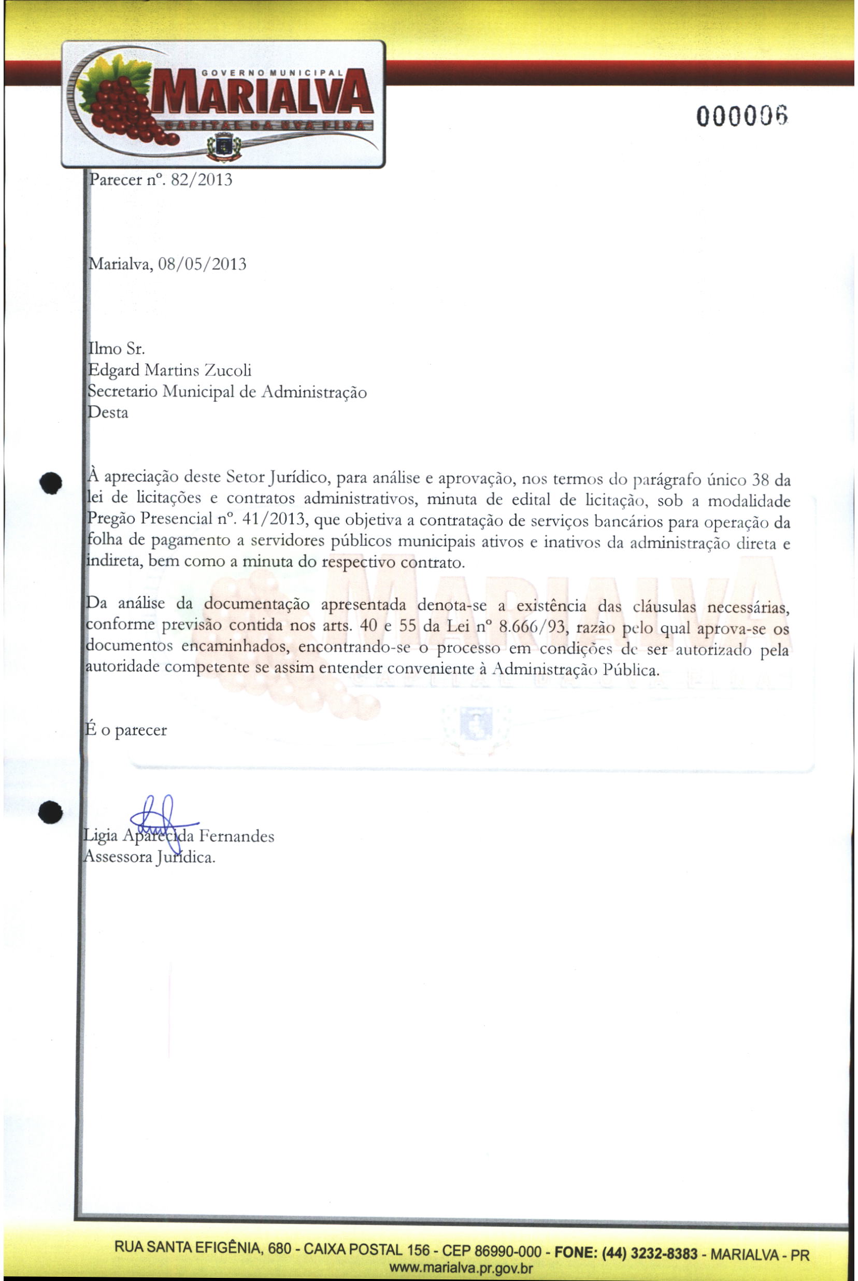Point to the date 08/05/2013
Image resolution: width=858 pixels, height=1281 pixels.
click(x=202, y=264)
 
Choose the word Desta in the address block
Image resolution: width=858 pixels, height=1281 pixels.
click(x=108, y=412)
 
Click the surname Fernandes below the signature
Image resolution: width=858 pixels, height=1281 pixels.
click(x=236, y=836)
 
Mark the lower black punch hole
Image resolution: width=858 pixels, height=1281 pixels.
click(x=50, y=812)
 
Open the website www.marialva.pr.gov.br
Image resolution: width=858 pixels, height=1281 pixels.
click(x=460, y=1268)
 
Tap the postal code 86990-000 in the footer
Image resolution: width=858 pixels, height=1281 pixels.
click(x=508, y=1252)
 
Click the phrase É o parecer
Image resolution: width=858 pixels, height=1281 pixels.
click(x=126, y=730)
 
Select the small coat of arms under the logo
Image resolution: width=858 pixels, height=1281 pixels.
click(x=223, y=147)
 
